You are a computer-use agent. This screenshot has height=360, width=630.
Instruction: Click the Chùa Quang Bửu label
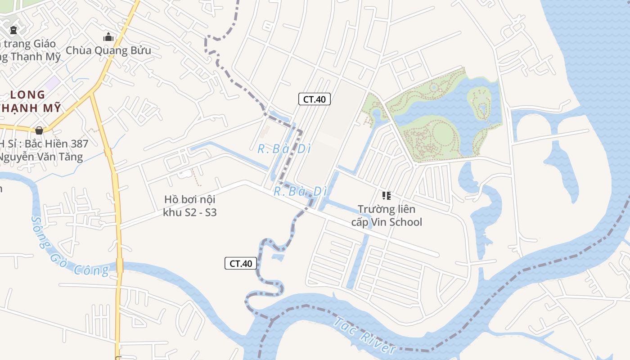click(108, 50)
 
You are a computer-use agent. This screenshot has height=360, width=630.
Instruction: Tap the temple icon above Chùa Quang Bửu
click(108, 37)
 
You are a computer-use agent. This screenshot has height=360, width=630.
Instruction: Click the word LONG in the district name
click(27, 95)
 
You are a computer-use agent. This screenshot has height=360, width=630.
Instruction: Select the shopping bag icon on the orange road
click(39, 130)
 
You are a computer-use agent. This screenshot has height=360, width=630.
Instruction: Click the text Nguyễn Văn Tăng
click(41, 157)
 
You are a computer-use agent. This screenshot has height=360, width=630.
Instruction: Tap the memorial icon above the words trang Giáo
click(13, 31)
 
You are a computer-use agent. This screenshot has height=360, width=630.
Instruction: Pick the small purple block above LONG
click(53, 82)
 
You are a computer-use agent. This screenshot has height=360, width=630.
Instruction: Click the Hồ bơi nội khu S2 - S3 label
click(190, 206)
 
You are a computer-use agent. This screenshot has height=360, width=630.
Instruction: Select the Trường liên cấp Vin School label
click(387, 216)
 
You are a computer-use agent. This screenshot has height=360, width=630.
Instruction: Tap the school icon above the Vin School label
click(386, 196)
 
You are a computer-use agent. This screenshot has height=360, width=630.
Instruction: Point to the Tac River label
click(364, 335)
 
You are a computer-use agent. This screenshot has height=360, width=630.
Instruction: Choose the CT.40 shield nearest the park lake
click(314, 99)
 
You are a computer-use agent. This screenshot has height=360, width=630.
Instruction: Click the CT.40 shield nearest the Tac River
click(241, 264)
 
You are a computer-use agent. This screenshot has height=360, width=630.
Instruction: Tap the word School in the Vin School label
click(406, 222)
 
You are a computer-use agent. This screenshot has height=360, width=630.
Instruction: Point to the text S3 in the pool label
click(210, 212)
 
